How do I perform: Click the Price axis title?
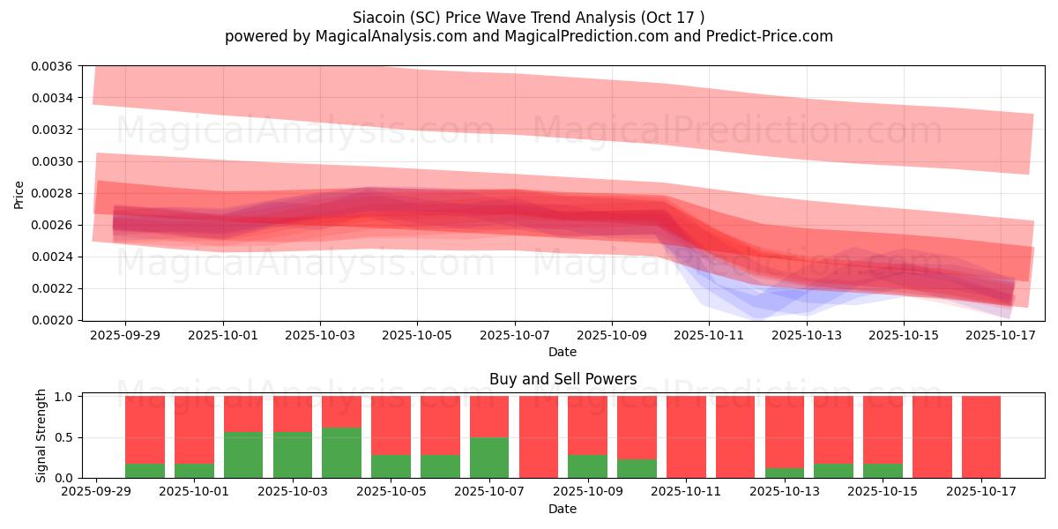point(19,194)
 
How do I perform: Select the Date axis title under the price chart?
point(563,352)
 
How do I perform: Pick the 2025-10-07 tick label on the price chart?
point(515,335)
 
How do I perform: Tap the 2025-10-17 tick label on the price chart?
point(1002,335)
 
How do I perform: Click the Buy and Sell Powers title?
point(563,380)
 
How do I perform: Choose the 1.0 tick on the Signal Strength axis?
point(65,397)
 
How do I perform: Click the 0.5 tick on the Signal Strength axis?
point(65,437)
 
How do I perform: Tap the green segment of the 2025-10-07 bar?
point(489,458)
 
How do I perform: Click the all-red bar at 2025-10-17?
point(980,437)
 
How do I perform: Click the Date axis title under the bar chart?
point(563,509)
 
